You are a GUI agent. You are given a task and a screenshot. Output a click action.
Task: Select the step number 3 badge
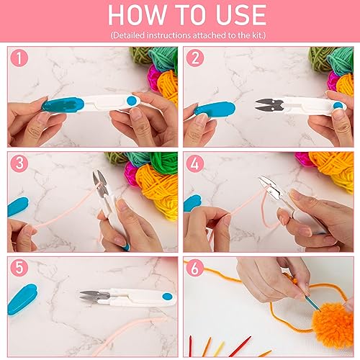21,164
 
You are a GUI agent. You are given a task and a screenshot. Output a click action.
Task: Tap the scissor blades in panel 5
94,295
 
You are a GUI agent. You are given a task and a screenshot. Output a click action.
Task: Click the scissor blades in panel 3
97,183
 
